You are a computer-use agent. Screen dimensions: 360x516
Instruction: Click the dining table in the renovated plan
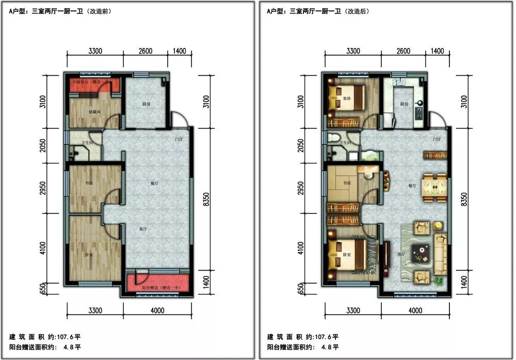click(434, 189)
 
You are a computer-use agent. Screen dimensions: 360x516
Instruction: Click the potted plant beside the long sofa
click(439, 281)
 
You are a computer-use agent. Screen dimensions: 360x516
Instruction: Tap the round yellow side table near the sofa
click(438, 225)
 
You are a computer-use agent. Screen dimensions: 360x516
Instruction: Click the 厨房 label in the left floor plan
click(147, 104)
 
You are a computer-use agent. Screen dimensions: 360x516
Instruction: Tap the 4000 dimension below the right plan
click(415, 310)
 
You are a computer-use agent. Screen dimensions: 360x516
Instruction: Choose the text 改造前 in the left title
click(103, 10)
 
